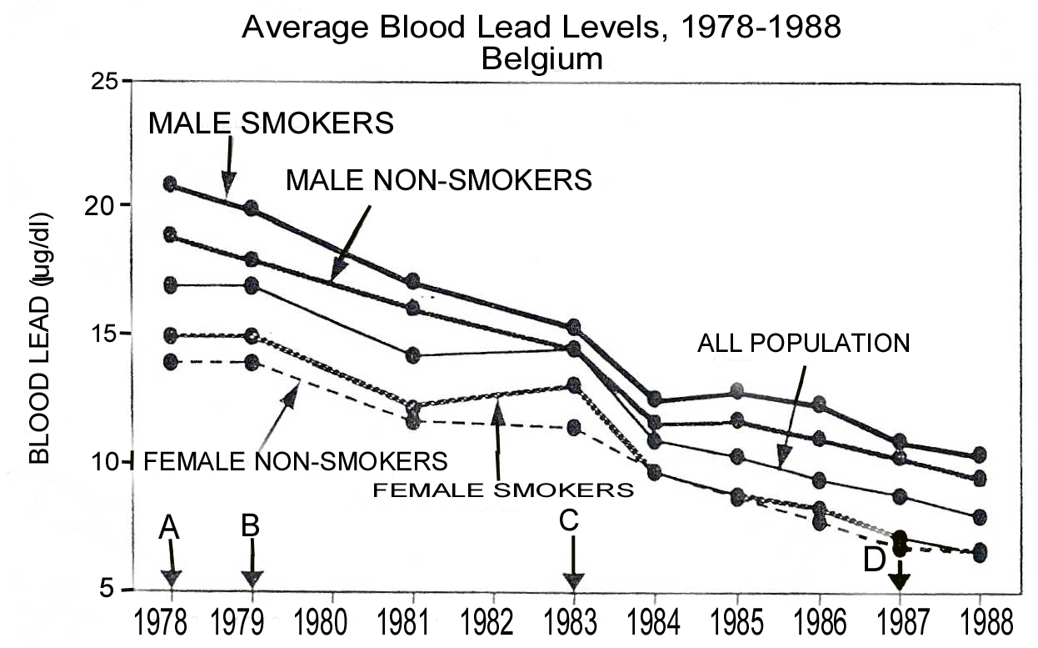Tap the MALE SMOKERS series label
coord(271,123)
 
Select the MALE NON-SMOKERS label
coord(438,179)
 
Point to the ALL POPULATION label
coord(803,343)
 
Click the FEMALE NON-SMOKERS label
coord(296,460)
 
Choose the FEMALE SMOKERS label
coord(502,490)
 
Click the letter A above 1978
coord(170,525)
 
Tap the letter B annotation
coord(251,525)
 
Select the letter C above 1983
coord(568,520)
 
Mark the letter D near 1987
coord(874,561)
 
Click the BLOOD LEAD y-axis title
coord(39,338)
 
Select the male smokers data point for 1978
coord(171,183)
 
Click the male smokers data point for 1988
coord(980,455)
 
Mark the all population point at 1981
coord(413,355)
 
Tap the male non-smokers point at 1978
coord(171,235)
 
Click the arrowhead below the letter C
coord(573,581)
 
